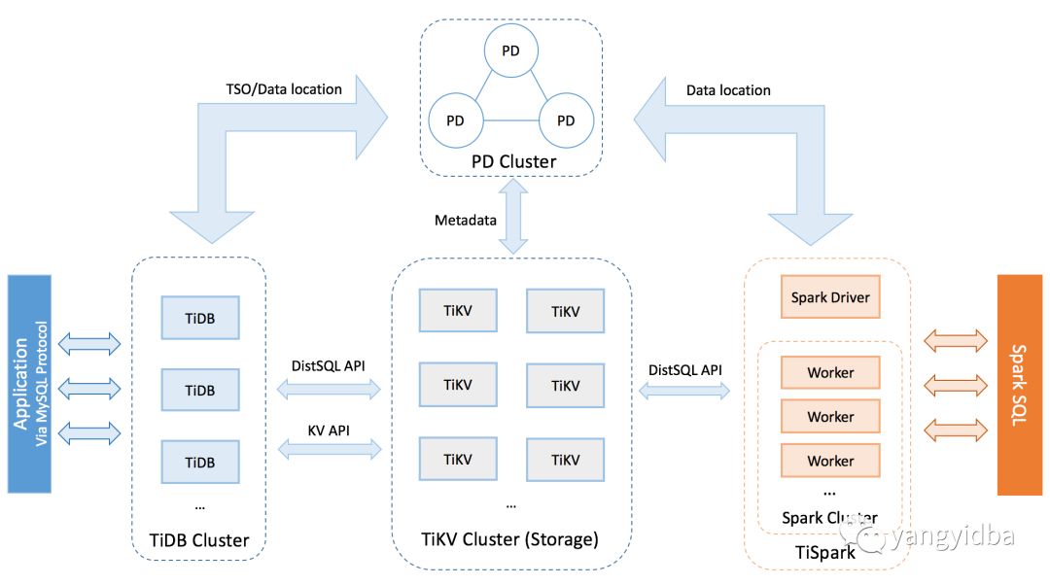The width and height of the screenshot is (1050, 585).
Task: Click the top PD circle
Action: (510, 51)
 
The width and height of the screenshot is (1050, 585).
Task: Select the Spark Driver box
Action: (830, 296)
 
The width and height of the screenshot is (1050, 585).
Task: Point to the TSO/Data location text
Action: (283, 88)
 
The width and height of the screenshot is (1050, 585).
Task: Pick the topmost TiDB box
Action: (200, 318)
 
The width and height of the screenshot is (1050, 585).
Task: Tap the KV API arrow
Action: (331, 448)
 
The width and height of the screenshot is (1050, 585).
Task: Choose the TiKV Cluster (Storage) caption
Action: (510, 538)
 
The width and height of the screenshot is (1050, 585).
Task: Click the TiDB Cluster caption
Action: (199, 540)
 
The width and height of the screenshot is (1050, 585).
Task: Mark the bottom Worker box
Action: (830, 461)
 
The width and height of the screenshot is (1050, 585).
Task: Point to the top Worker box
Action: (830, 372)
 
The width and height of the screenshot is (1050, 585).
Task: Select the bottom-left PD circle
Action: (456, 120)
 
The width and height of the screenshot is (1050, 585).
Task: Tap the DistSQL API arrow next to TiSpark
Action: (684, 391)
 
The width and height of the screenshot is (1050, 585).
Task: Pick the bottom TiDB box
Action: (200, 461)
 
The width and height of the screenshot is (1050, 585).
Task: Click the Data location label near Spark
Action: (728, 90)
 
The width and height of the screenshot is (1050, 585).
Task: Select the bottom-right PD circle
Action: (566, 120)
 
